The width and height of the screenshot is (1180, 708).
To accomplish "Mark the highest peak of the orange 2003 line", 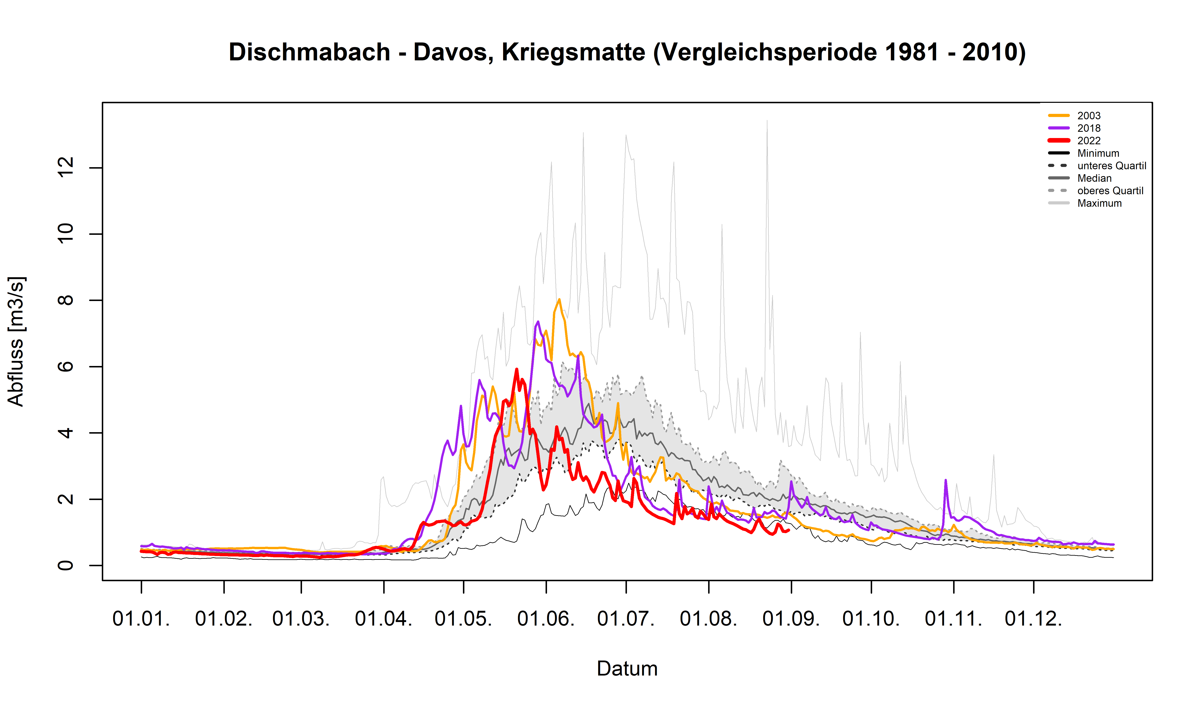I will click(x=559, y=300).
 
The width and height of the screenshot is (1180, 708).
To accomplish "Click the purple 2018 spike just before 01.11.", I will click(x=945, y=480).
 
